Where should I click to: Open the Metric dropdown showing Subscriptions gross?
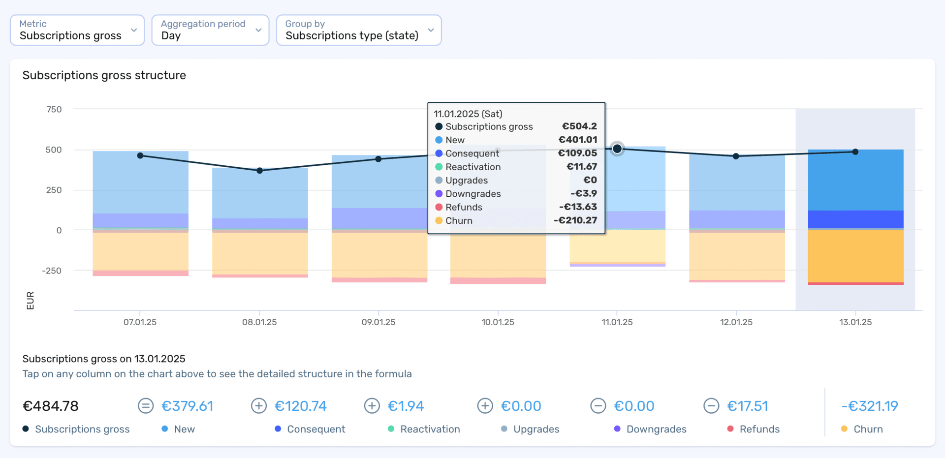(77, 30)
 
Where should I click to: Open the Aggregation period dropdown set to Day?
(210, 30)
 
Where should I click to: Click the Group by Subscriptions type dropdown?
(358, 30)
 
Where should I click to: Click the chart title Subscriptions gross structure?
(104, 75)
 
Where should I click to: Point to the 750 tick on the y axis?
(54, 109)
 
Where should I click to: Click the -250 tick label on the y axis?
(52, 271)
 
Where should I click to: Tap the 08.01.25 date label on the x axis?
(259, 322)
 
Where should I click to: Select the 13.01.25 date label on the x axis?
(855, 322)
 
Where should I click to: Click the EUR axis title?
(30, 301)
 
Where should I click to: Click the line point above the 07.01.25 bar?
(140, 155)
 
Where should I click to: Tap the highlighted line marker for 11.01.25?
(617, 149)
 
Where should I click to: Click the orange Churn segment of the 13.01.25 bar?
(855, 256)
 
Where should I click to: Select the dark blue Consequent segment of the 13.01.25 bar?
(855, 219)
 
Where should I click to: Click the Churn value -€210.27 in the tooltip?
(575, 220)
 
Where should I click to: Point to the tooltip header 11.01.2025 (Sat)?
(468, 114)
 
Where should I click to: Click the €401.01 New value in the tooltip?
(577, 140)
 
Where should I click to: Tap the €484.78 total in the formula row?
(51, 406)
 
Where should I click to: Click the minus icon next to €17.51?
(711, 406)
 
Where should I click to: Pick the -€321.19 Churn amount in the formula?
(870, 406)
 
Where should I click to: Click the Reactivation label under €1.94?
(430, 429)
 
